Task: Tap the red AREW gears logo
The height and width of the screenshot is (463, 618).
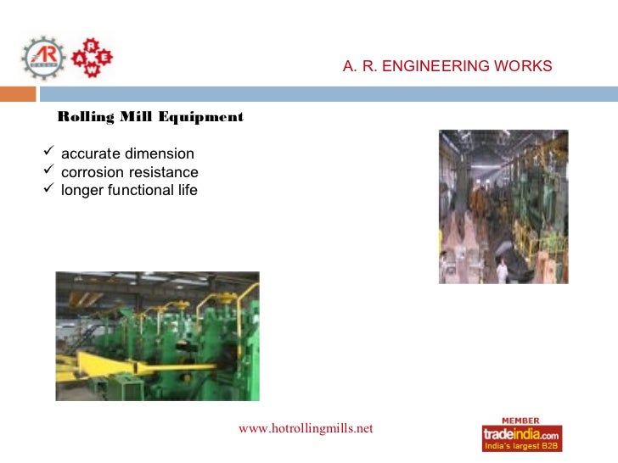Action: point(90,57)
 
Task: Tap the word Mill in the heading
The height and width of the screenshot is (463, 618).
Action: point(139,117)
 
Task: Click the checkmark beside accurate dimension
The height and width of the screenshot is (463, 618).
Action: point(48,153)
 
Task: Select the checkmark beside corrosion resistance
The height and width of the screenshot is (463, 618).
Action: point(48,172)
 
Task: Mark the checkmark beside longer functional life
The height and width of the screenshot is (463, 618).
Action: point(48,190)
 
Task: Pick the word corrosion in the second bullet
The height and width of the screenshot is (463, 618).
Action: point(93,173)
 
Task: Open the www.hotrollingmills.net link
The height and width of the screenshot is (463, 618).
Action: point(306,429)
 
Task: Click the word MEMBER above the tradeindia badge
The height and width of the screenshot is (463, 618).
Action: point(522,420)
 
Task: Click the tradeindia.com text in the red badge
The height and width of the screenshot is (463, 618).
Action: point(522,433)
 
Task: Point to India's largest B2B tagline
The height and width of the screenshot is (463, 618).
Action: point(520,446)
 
